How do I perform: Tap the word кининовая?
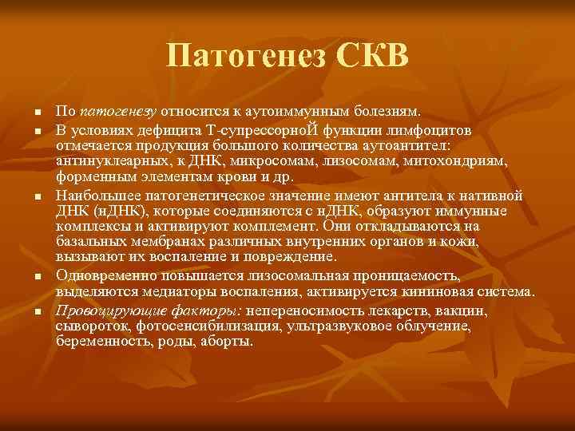click(446, 292)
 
